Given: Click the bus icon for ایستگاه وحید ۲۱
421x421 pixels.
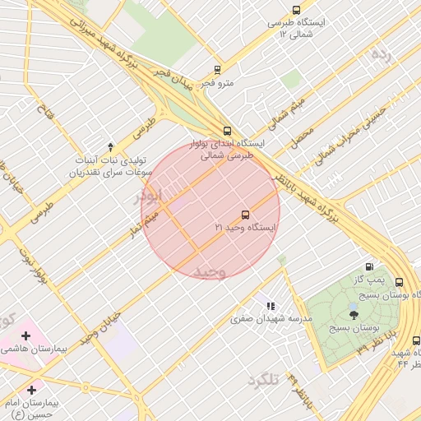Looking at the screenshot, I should (245, 214).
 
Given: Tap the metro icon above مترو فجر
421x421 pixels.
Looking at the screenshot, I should (217, 70).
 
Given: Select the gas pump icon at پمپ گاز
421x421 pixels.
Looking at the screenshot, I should (369, 266).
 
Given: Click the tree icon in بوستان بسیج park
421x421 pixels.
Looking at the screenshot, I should (354, 314).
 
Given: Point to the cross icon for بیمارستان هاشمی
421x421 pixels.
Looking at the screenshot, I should (25, 335).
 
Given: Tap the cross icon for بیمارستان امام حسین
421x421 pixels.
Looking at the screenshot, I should (32, 388).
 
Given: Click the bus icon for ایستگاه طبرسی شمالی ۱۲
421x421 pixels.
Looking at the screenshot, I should (296, 11).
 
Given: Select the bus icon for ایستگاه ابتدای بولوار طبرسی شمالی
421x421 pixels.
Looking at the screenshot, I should (227, 130).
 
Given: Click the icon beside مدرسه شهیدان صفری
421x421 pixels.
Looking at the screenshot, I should (271, 306).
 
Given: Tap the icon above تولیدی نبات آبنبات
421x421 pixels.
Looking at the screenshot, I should (110, 146).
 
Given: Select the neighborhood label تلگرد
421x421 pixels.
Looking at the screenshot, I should (262, 380).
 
